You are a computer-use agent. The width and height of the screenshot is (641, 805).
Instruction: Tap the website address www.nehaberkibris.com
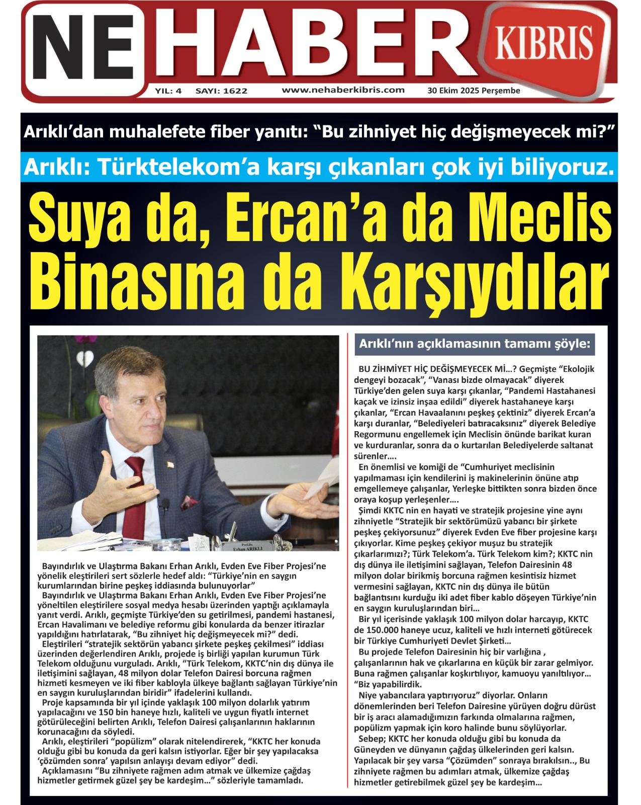pos(343,90)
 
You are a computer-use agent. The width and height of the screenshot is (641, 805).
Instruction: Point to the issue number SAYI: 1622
pos(221,91)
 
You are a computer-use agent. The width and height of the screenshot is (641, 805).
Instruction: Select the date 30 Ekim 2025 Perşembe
pos(474,91)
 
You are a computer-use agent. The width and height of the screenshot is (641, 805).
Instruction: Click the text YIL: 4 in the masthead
pos(168,91)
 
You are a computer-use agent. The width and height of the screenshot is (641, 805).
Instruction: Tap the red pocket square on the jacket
pos(188,501)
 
